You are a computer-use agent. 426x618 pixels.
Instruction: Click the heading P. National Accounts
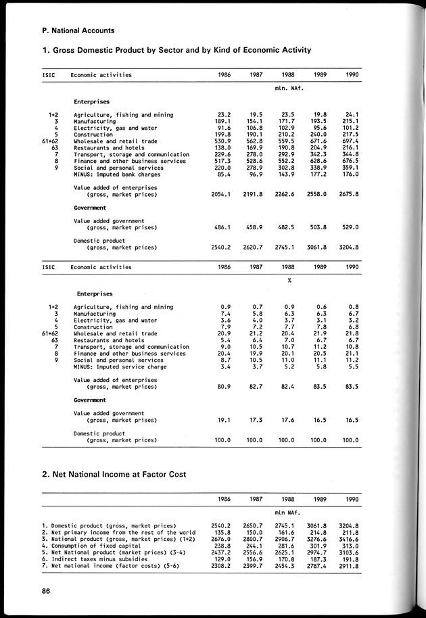pyautogui.click(x=78, y=30)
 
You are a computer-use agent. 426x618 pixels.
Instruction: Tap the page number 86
pyautogui.click(x=46, y=592)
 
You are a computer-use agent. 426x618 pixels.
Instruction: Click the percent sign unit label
pyautogui.click(x=289, y=281)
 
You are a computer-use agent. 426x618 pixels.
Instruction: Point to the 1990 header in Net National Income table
pyautogui.click(x=350, y=499)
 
